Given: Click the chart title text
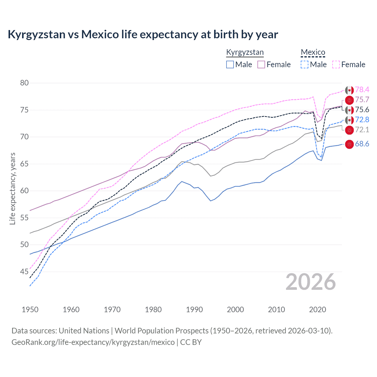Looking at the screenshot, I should [x=143, y=34].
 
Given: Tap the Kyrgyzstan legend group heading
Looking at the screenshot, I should [x=245, y=52].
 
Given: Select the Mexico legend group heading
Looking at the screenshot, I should [x=313, y=52].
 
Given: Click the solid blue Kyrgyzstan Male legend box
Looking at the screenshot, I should [x=230, y=65].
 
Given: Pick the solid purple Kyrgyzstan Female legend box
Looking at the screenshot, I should [x=261, y=65].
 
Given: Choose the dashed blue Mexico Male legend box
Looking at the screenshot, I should [x=305, y=65].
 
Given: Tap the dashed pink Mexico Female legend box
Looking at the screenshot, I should [x=336, y=65].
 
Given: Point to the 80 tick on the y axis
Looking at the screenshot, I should [x=24, y=83].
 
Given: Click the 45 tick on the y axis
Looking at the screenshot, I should [x=24, y=272].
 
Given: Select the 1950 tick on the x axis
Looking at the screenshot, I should [x=30, y=310].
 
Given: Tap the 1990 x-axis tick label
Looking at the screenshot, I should [x=194, y=310].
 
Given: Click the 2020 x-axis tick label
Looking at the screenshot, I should [x=318, y=310].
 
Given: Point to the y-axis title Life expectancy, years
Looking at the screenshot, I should [x=12, y=188].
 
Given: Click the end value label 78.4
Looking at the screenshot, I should [x=362, y=90].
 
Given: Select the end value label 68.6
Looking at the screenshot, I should [x=362, y=144].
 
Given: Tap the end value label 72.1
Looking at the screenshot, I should [x=362, y=130].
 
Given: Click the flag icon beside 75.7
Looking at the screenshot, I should [x=349, y=100].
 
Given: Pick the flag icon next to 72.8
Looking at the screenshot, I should [x=349, y=120].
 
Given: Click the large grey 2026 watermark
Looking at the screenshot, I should [x=310, y=282].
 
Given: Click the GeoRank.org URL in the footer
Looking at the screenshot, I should [x=93, y=342].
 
